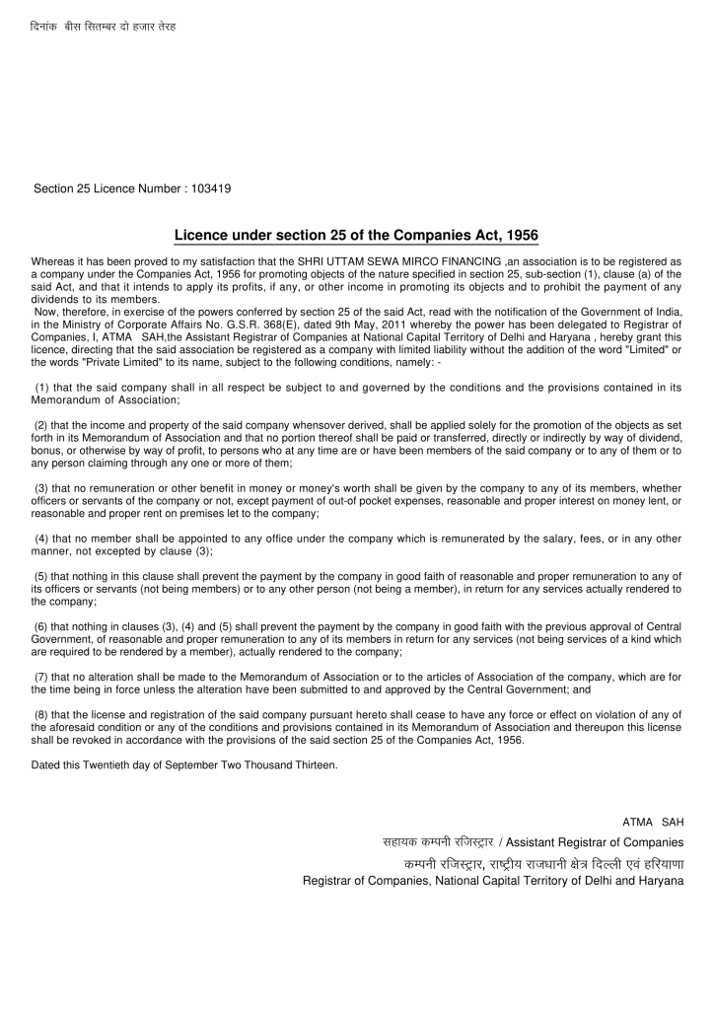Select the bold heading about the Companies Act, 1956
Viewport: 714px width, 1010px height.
click(x=356, y=236)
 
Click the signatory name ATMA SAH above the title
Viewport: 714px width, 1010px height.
click(x=652, y=823)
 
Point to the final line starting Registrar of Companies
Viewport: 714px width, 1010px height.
click(x=492, y=881)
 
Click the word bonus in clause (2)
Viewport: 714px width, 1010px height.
click(x=46, y=450)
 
